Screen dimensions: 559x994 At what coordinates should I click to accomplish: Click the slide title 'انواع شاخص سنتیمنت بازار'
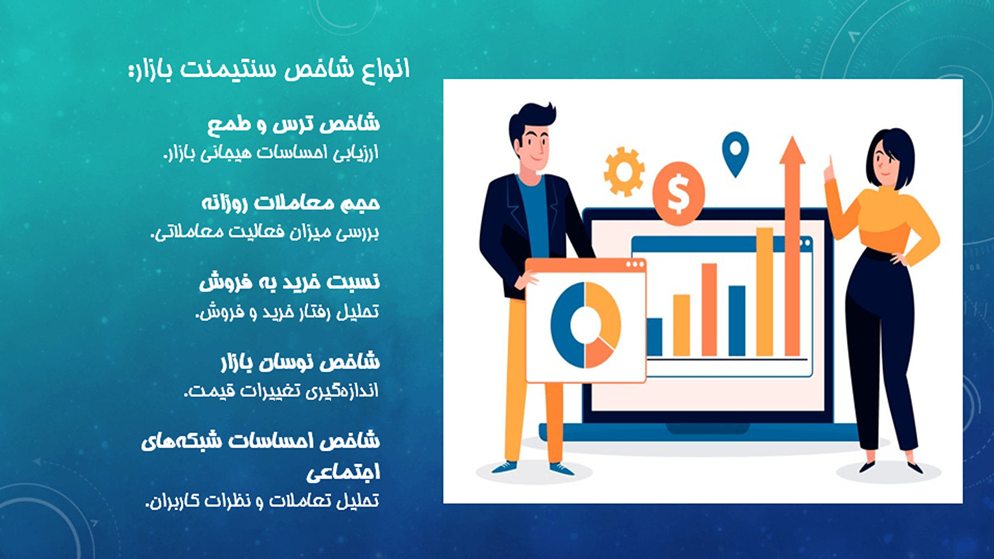coord(269,69)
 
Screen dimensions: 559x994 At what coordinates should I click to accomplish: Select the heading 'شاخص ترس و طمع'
coord(294,123)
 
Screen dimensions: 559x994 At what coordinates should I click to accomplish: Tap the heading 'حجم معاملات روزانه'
coord(291,203)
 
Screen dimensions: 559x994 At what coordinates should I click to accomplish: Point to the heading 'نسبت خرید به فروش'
coord(289,282)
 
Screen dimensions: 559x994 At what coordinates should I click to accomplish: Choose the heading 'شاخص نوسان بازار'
coord(300,362)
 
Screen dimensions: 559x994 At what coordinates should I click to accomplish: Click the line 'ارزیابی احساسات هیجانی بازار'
coord(271,153)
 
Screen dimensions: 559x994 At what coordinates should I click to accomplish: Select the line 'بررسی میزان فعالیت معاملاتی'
coord(265,232)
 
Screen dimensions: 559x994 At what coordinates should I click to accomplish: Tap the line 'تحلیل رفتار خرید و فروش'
coord(287,312)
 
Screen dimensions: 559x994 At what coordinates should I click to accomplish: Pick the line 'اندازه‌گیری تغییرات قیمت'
coord(282,391)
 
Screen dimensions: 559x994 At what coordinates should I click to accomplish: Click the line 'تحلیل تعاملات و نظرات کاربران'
coord(263,501)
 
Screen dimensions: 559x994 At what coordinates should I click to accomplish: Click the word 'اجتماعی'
coord(343,472)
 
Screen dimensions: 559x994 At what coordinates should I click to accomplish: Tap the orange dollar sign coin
coord(678,193)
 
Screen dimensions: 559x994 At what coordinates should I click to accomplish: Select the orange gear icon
coord(624,171)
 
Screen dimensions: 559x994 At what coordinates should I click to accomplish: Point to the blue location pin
coord(735,151)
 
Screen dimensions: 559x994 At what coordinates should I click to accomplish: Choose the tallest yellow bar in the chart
coord(764,291)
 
